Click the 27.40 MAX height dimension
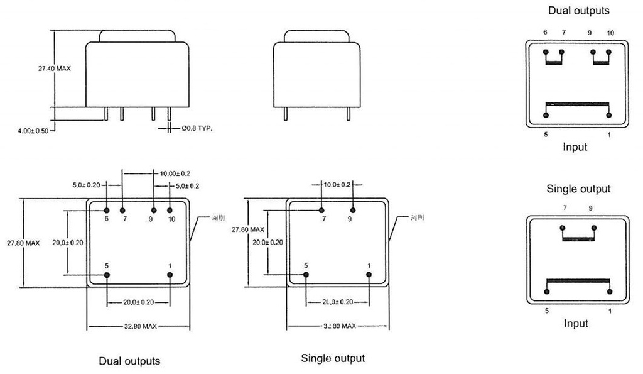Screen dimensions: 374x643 [54, 69]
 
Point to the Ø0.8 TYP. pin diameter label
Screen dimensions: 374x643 [197, 128]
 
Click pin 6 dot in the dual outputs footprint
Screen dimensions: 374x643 [107, 211]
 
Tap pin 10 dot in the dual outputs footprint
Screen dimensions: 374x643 [170, 211]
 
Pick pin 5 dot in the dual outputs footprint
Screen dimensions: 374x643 [107, 275]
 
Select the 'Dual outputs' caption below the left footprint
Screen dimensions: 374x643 [129, 361]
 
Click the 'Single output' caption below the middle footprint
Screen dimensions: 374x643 [333, 358]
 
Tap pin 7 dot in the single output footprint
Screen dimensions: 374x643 [321, 211]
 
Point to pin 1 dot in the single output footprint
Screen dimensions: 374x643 [369, 275]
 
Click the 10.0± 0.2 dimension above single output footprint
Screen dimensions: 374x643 [338, 184]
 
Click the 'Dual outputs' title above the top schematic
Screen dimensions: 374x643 [578, 11]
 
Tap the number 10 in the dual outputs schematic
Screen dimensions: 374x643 [610, 33]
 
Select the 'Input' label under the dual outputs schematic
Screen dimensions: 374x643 [575, 147]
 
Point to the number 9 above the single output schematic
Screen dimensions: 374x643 [590, 207]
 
